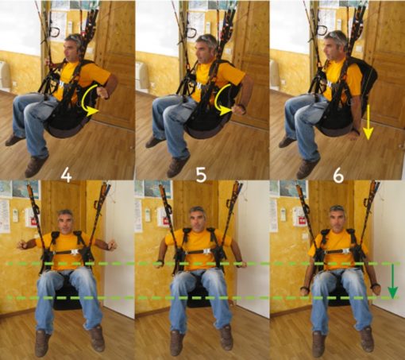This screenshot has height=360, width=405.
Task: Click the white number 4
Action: tap(66, 175)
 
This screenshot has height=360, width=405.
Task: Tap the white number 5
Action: tap(201, 175)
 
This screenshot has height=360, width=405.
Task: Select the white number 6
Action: tap(338, 175)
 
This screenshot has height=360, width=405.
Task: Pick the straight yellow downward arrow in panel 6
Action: tap(368, 122)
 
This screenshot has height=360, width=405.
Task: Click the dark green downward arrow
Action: tap(393, 281)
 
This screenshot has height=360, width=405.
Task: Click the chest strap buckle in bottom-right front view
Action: tap(346, 251)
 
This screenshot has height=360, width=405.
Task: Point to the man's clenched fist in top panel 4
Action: tap(103, 92)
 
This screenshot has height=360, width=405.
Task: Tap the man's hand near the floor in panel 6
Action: tap(352, 135)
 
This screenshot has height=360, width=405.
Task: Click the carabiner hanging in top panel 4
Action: tap(56, 32)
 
